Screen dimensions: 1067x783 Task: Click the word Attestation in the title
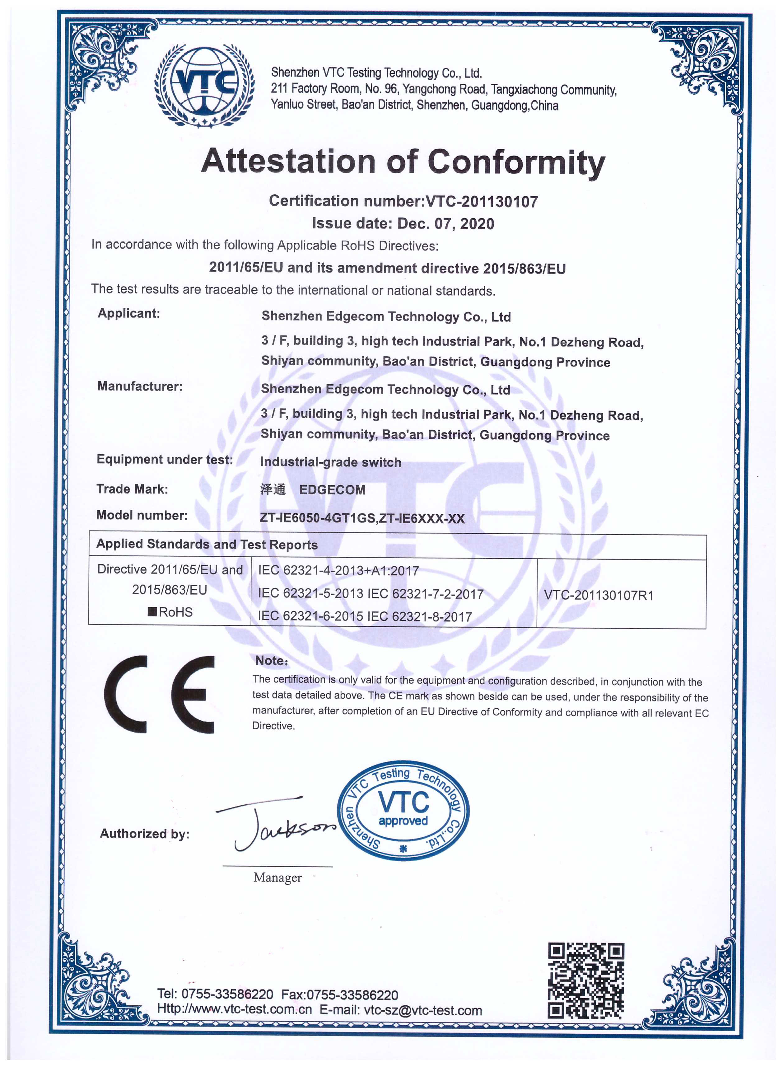[x=288, y=161]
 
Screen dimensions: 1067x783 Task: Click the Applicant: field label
[x=128, y=313]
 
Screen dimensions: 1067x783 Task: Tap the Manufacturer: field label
[x=139, y=386]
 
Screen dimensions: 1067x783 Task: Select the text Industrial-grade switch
[x=330, y=462]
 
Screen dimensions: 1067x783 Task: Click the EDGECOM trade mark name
[x=332, y=490]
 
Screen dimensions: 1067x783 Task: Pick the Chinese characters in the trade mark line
[x=273, y=489]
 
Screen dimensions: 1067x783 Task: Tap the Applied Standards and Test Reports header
[x=207, y=544]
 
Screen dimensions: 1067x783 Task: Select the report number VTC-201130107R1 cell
[x=599, y=595]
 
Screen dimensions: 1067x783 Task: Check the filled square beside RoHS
[x=153, y=611]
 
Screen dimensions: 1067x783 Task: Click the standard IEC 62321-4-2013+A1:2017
[x=338, y=571]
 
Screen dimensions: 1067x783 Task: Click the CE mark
[x=159, y=695]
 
